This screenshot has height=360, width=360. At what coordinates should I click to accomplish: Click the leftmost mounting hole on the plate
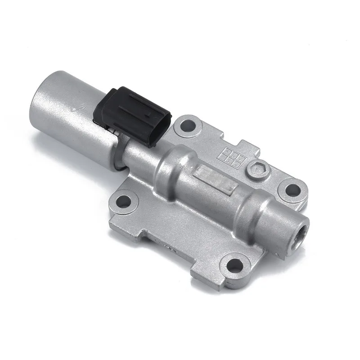coord(121,200)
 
